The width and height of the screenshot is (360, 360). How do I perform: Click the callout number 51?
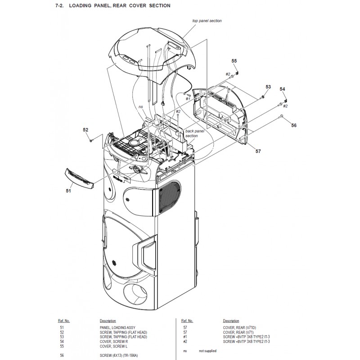(x=68, y=191)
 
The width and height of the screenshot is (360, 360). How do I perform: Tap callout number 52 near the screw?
(x=85, y=130)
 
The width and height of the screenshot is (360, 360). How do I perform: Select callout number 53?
(x=268, y=87)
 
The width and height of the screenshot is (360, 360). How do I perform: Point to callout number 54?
(x=282, y=89)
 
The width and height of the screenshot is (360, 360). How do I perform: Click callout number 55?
(x=234, y=61)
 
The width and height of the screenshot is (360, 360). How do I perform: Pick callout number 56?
(x=294, y=126)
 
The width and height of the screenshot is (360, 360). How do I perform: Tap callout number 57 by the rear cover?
(x=258, y=151)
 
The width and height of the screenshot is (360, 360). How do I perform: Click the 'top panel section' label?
(x=207, y=21)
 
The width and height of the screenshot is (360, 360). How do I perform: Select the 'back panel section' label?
(x=195, y=133)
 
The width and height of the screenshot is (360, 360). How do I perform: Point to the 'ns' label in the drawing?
(x=140, y=107)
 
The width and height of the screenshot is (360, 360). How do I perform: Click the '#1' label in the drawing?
(x=188, y=99)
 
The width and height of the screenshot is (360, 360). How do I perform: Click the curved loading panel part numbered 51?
(x=80, y=176)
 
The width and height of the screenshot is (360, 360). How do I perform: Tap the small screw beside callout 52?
(x=91, y=139)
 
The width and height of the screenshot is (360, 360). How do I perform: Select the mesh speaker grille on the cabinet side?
(x=170, y=197)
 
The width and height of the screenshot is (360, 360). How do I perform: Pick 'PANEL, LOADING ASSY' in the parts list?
(x=117, y=328)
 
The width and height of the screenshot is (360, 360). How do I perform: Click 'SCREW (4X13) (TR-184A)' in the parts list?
(x=119, y=355)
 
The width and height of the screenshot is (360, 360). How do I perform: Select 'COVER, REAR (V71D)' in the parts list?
(x=239, y=328)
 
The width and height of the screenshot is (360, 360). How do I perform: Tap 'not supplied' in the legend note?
(x=207, y=351)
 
